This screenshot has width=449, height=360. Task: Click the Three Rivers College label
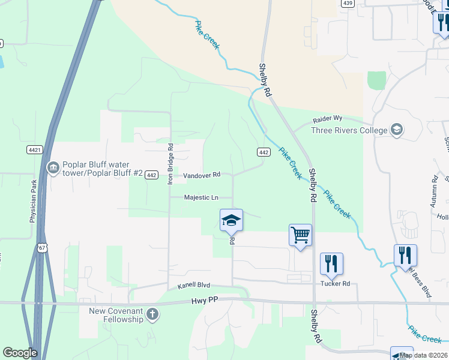click(x=349, y=130)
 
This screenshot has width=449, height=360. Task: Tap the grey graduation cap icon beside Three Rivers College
click(x=396, y=130)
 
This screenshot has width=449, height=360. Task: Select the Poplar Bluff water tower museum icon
click(x=53, y=167)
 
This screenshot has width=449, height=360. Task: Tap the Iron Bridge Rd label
click(x=170, y=163)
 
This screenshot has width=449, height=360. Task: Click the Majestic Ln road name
click(x=200, y=197)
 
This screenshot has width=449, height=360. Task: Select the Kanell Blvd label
click(x=194, y=287)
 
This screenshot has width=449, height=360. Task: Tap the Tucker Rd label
click(x=335, y=283)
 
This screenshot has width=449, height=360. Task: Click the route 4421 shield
click(x=35, y=149)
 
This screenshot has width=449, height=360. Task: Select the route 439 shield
click(x=347, y=3)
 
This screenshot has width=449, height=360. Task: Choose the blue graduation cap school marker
click(x=231, y=220)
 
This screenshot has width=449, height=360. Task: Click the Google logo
click(x=20, y=353)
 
